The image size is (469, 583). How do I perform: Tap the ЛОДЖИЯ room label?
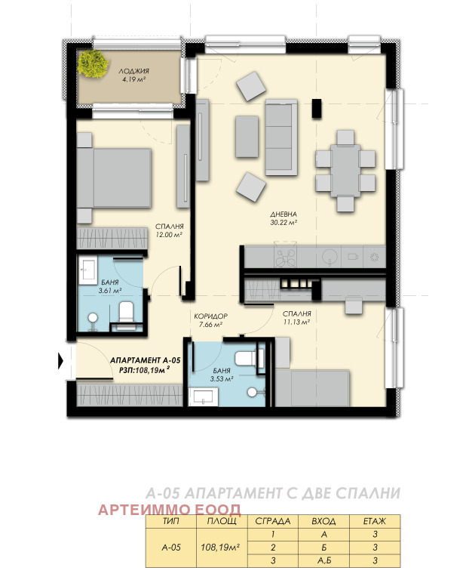tap(134, 71)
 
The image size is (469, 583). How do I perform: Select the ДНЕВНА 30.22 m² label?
tap(284, 218)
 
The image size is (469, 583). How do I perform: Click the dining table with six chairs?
tap(345, 171)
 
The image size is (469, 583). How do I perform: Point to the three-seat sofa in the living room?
tap(281, 137)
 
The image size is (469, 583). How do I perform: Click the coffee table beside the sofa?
tap(247, 137)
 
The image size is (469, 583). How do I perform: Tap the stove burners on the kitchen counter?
tap(285, 254)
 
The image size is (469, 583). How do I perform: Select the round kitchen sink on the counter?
tap(330, 256)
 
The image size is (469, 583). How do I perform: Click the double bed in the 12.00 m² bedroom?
tap(114, 177)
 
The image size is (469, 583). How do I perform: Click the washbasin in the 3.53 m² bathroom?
tap(203, 397)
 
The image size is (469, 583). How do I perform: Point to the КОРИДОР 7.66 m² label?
tap(210, 320)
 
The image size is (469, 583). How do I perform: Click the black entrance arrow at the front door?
tap(61, 361)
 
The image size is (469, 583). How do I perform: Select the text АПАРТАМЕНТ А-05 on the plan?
tap(146, 360)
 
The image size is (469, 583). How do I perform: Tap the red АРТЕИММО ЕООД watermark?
tap(170, 510)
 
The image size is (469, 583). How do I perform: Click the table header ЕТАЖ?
tap(374, 521)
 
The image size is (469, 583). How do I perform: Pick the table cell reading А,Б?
tap(323, 560)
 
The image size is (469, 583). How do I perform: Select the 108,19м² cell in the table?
tap(220, 548)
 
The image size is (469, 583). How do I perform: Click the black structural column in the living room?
tap(317, 109)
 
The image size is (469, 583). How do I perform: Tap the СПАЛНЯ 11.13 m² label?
tap(296, 318)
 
